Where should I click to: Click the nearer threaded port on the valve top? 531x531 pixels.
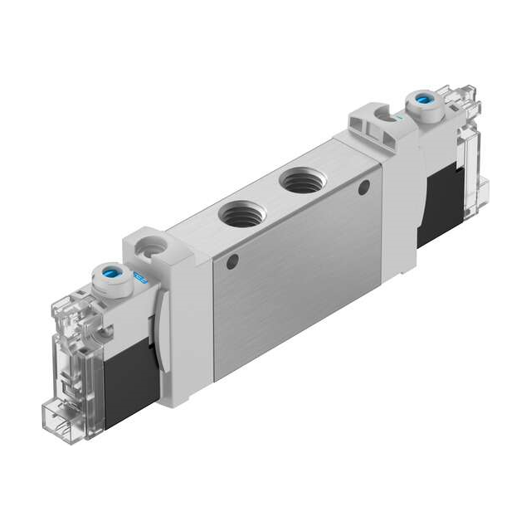pyautogui.click(x=238, y=215)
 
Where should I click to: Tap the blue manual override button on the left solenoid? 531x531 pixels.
pyautogui.click(x=110, y=271)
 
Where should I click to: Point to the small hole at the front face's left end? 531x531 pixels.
pyautogui.click(x=233, y=263)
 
